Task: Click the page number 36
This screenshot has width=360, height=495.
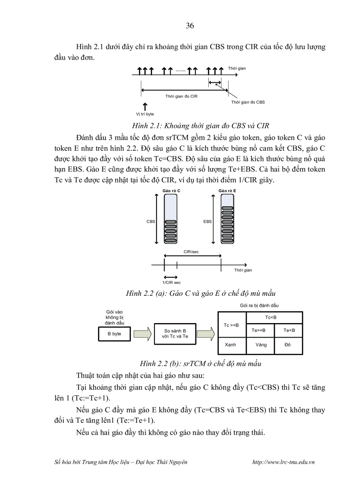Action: (190, 26)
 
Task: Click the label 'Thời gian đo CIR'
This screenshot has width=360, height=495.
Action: (181, 96)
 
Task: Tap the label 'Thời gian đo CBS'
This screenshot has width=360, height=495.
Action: (248, 102)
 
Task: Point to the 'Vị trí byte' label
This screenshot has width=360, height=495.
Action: (145, 114)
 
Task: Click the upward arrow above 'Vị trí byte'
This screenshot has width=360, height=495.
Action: (145, 106)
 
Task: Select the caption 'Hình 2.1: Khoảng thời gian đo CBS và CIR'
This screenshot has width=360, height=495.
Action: (201, 124)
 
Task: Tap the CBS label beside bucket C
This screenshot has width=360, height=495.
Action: (150, 222)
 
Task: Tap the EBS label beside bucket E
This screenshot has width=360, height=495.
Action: (207, 222)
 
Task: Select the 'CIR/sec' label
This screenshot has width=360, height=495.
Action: (191, 252)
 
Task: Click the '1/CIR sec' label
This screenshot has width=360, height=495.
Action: (172, 282)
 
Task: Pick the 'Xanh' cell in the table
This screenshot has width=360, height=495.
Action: (232, 345)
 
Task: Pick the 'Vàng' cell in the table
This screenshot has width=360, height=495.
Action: (260, 345)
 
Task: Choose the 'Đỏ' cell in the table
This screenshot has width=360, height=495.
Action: (288, 345)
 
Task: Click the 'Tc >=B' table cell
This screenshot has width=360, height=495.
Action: (232, 325)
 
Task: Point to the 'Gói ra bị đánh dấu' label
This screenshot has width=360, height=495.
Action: (259, 305)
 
